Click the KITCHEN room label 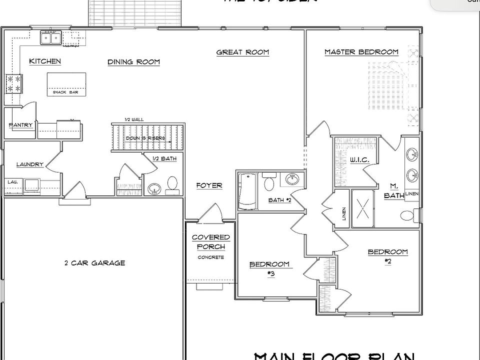[45, 61]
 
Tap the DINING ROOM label [133, 62]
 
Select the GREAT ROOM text [242, 52]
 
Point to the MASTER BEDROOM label [361, 52]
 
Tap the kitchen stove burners [13, 83]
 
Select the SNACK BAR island [66, 83]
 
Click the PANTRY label [20, 125]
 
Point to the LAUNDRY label [30, 164]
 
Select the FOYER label [209, 185]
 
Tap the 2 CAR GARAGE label [94, 263]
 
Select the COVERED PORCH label [210, 242]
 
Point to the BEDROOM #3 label [269, 268]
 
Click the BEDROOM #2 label [387, 256]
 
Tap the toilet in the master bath [407, 216]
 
